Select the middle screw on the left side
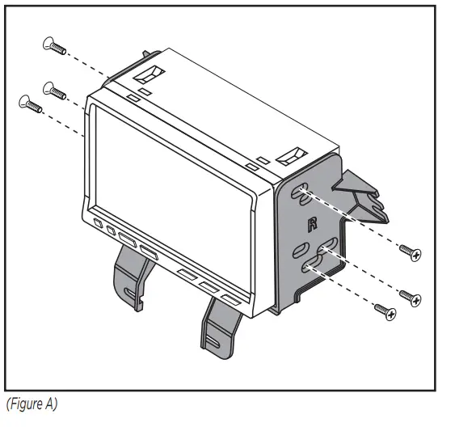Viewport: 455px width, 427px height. click(53, 90)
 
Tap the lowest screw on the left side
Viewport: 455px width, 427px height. click(30, 104)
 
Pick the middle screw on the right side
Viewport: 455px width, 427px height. click(411, 297)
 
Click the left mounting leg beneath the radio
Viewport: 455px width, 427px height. click(132, 277)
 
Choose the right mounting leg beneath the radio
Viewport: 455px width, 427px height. click(221, 328)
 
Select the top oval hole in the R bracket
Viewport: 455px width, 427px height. click(301, 192)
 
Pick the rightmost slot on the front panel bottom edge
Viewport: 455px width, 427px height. click(230, 300)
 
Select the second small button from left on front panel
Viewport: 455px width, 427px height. click(109, 230)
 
